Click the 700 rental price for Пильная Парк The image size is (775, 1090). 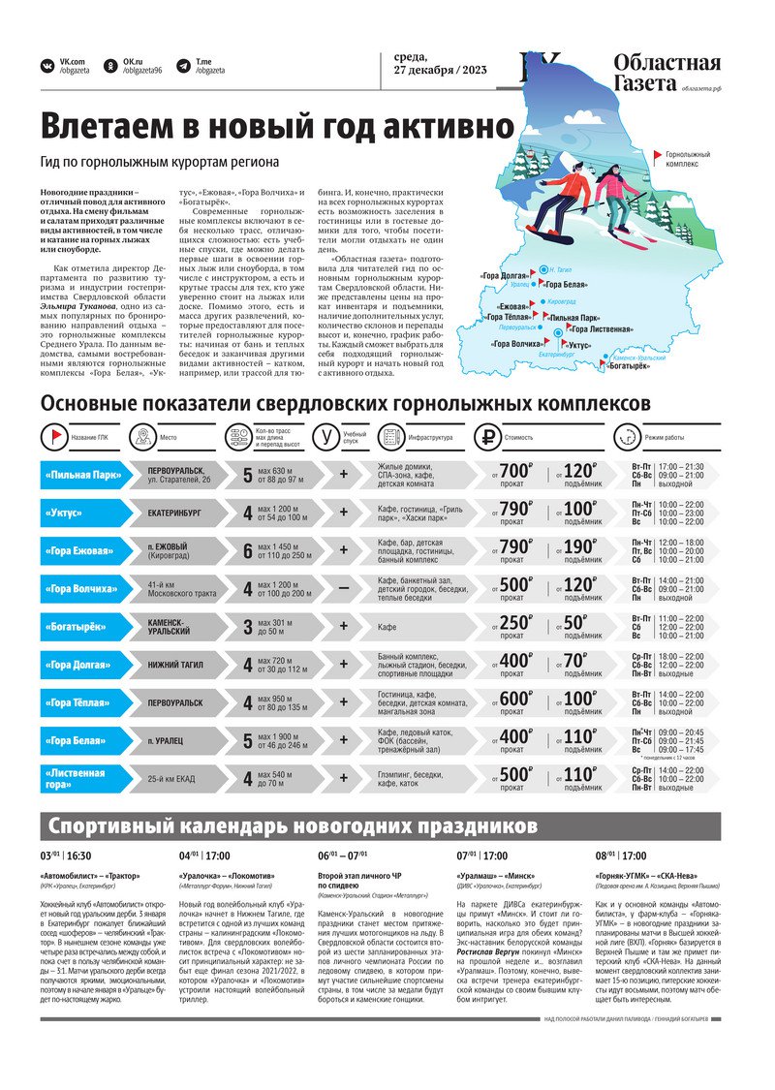tap(516, 472)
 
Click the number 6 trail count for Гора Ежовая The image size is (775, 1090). tap(248, 551)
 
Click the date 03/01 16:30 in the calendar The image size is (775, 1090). tap(65, 856)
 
